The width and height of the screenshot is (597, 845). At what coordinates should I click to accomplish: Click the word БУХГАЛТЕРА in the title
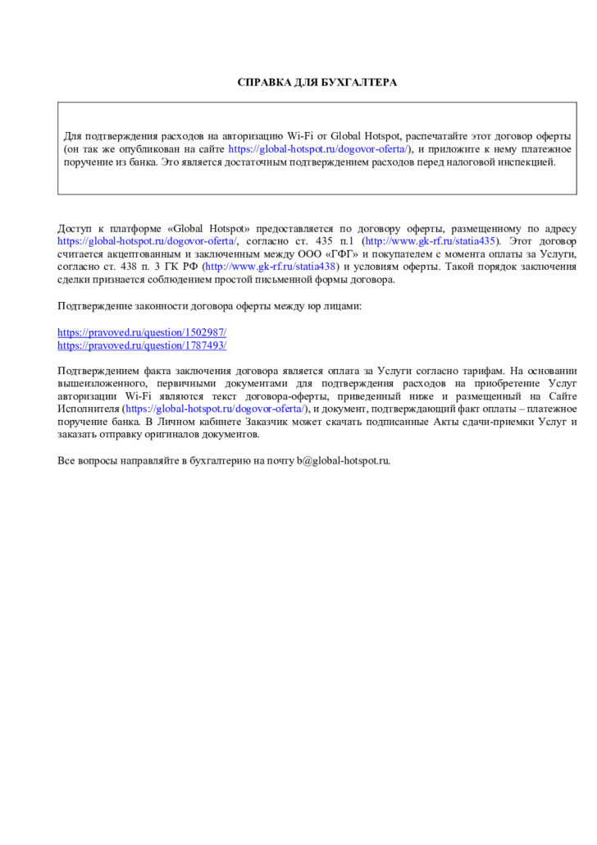[x=358, y=83]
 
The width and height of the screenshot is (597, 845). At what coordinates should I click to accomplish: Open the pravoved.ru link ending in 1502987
[x=142, y=333]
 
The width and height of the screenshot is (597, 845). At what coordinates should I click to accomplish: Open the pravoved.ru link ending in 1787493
[x=142, y=345]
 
